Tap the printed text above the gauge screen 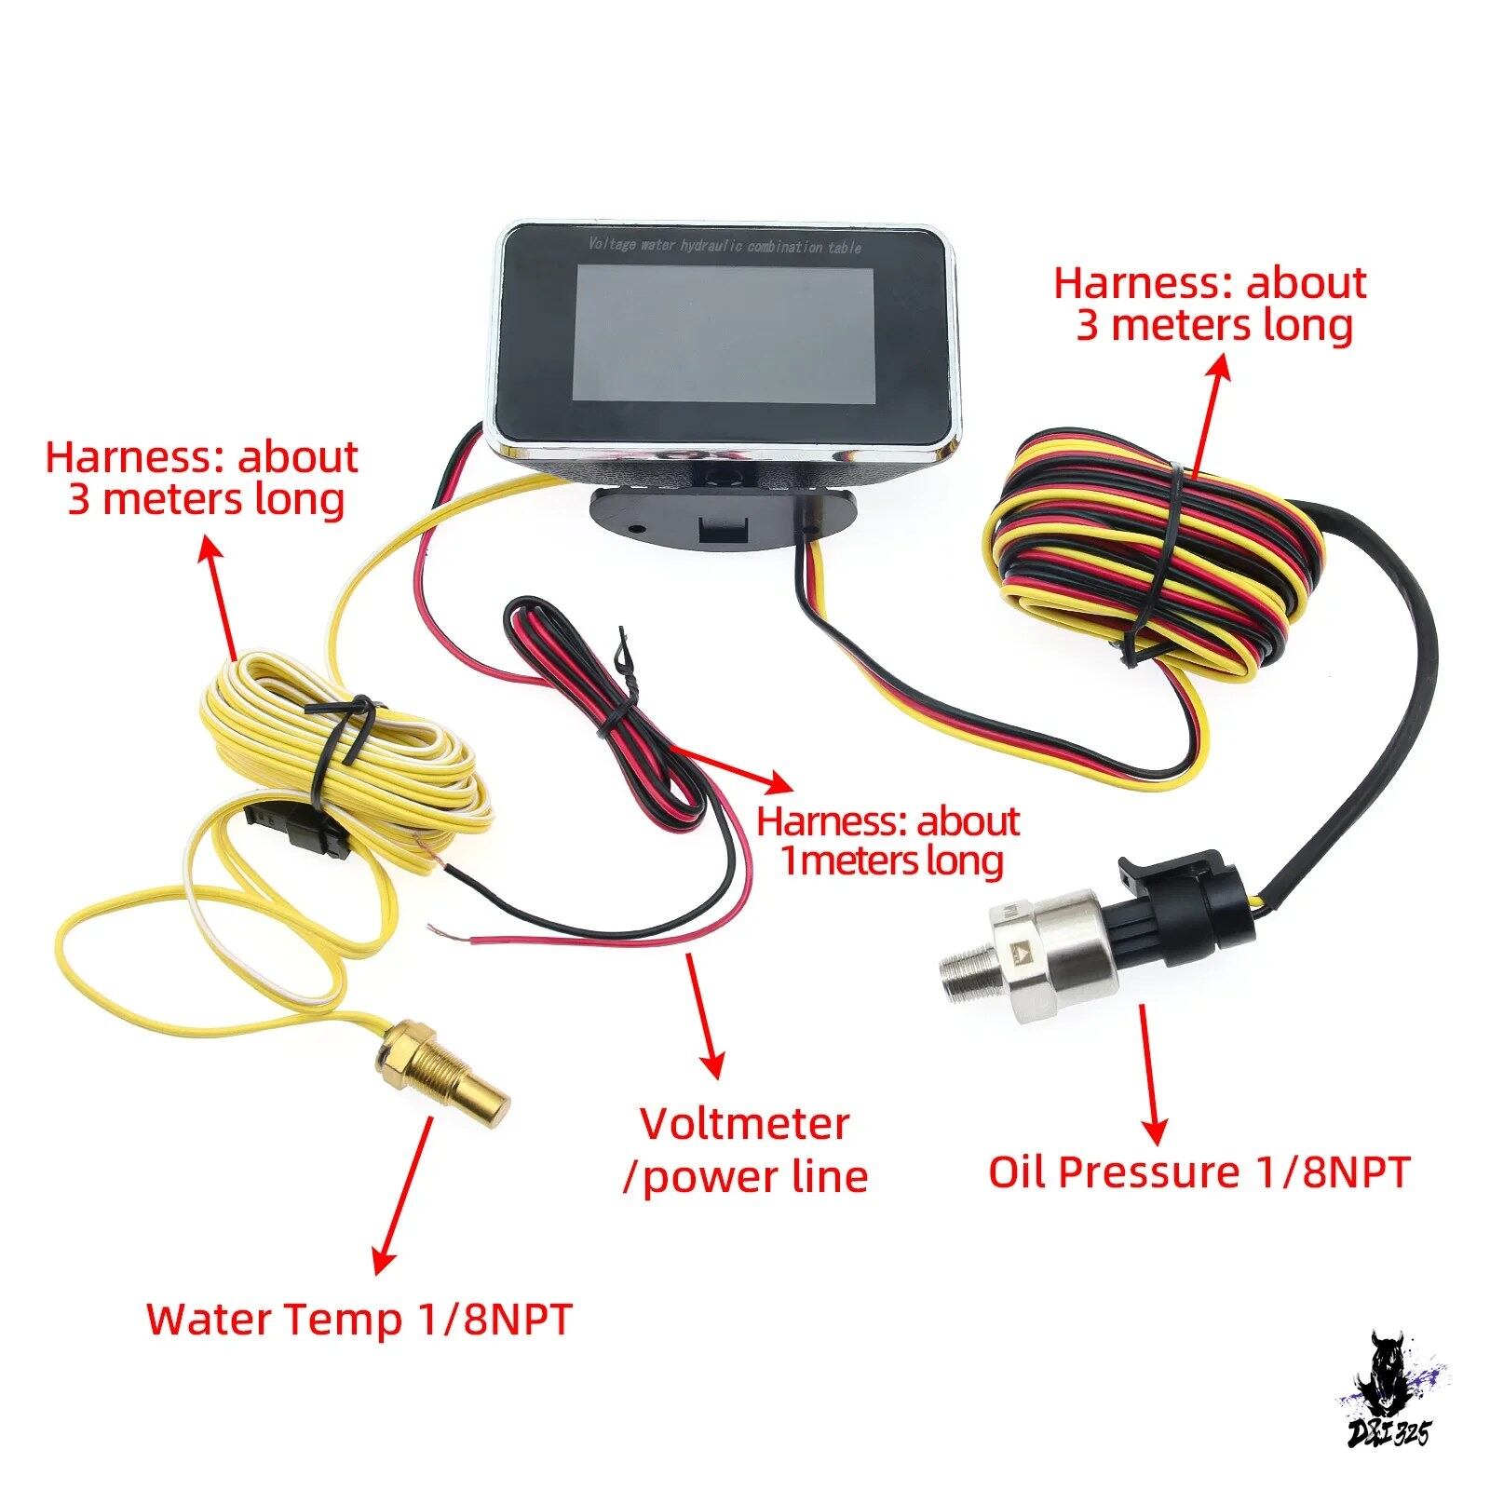pos(725,246)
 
